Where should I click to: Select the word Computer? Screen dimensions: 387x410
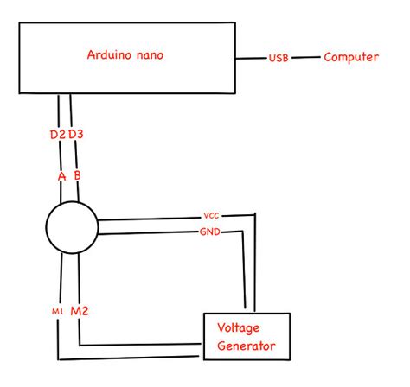pyautogui.click(x=351, y=58)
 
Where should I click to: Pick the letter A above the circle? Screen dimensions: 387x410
pyautogui.click(x=61, y=177)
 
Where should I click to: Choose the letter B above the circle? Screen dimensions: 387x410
pyautogui.click(x=78, y=177)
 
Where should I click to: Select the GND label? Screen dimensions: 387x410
pyautogui.click(x=209, y=232)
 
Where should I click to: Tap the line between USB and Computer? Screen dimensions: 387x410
pyautogui.click(x=304, y=59)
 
